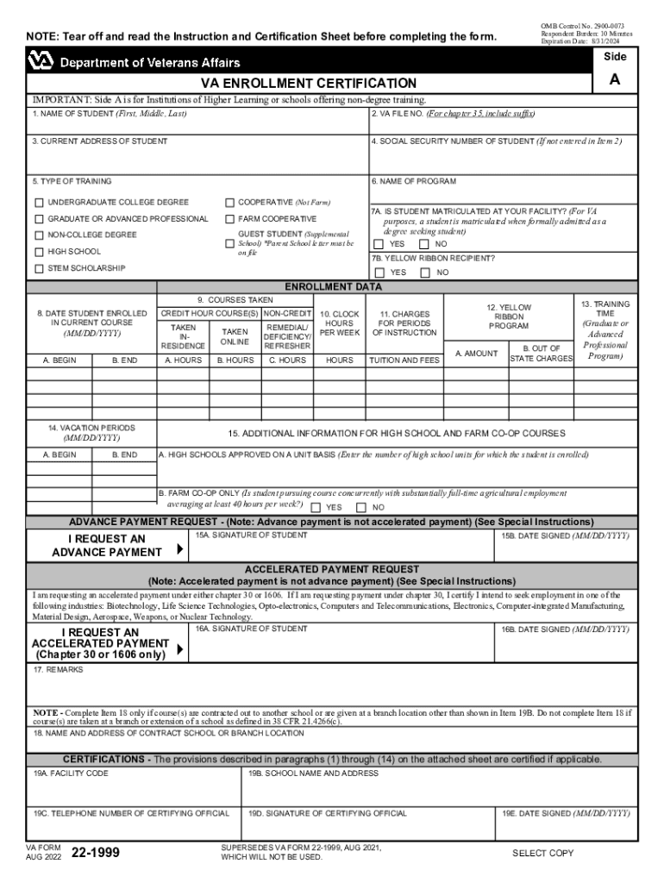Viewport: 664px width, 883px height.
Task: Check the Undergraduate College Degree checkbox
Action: coord(39,203)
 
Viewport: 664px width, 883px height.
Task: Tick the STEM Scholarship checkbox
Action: coord(39,269)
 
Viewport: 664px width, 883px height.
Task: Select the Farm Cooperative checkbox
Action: coord(230,219)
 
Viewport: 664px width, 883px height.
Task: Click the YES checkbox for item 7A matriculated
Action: coord(378,244)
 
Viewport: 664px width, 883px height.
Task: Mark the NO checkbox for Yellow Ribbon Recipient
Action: coord(424,272)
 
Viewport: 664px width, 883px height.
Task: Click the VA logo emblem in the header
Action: coord(41,61)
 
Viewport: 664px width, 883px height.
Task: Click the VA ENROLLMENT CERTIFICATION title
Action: coord(309,83)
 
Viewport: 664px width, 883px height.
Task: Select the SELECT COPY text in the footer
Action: coord(542,853)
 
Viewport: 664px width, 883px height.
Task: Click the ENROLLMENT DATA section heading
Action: coord(333,287)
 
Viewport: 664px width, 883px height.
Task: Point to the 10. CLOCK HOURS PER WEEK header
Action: coord(339,323)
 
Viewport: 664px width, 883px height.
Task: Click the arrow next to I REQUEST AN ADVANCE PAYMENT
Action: coord(179,549)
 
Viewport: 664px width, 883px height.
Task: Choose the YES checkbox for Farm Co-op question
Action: coord(316,507)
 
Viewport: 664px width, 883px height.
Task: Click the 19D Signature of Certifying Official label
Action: coord(327,813)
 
